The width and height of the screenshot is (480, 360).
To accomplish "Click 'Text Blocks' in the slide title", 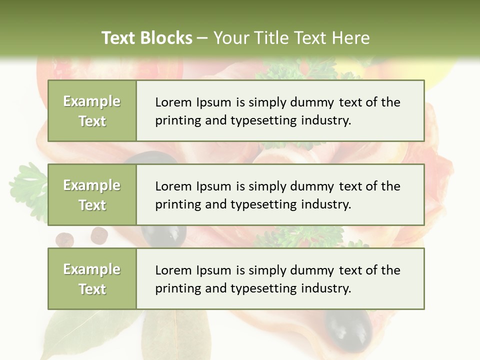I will pyautogui.click(x=146, y=38).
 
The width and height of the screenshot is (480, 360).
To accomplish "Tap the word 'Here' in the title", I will pyautogui.click(x=351, y=38).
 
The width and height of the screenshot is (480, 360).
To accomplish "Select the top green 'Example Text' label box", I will pyautogui.click(x=92, y=111).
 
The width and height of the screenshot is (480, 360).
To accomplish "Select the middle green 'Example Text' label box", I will pyautogui.click(x=92, y=195).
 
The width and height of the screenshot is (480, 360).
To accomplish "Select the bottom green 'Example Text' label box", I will pyautogui.click(x=92, y=279).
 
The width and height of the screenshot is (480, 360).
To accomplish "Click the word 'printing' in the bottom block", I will pyautogui.click(x=173, y=289).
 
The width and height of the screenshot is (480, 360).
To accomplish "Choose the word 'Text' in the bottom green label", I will pyautogui.click(x=92, y=289).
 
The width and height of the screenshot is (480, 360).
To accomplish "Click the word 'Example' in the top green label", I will pyautogui.click(x=92, y=101).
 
